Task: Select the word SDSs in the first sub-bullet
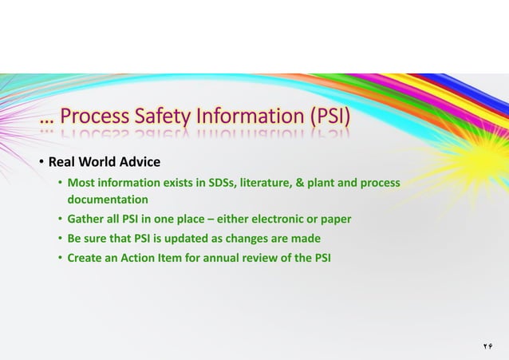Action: pos(225,183)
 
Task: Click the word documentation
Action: pos(108,199)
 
